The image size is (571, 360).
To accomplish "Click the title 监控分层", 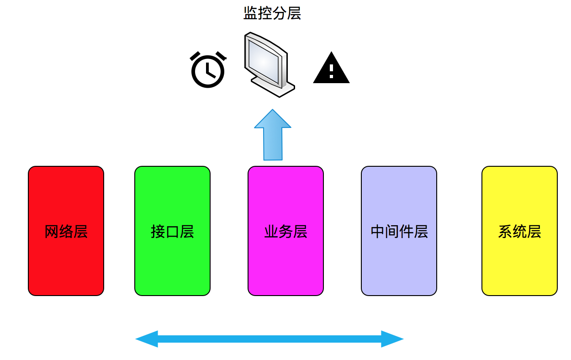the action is (x=272, y=13).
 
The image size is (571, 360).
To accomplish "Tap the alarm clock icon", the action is (x=208, y=69).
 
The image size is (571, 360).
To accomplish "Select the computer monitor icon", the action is (x=270, y=64).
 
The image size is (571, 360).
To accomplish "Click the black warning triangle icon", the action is (x=331, y=68).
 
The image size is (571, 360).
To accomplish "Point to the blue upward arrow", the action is (x=273, y=135).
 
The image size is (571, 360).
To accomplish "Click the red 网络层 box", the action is (x=66, y=231).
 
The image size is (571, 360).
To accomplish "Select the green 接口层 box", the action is (x=173, y=231).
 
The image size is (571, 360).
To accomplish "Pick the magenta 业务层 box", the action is (x=286, y=231).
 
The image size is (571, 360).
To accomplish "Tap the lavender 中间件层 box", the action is (x=399, y=231).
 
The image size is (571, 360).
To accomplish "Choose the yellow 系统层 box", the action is (x=519, y=231).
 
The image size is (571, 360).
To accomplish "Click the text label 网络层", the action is (x=66, y=232).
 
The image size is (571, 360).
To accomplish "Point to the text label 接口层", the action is (x=173, y=232).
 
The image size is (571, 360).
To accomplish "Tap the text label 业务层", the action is (x=286, y=232).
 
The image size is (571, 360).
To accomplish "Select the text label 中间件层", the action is (x=399, y=232).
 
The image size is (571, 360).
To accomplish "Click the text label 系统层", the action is (x=519, y=232).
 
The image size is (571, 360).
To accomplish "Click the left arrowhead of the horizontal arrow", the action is (x=147, y=339).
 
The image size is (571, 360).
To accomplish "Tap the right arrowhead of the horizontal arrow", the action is (x=392, y=339).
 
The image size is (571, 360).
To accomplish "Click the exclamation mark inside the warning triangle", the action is (x=331, y=71).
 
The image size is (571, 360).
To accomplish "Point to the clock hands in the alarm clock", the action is (x=210, y=71).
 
